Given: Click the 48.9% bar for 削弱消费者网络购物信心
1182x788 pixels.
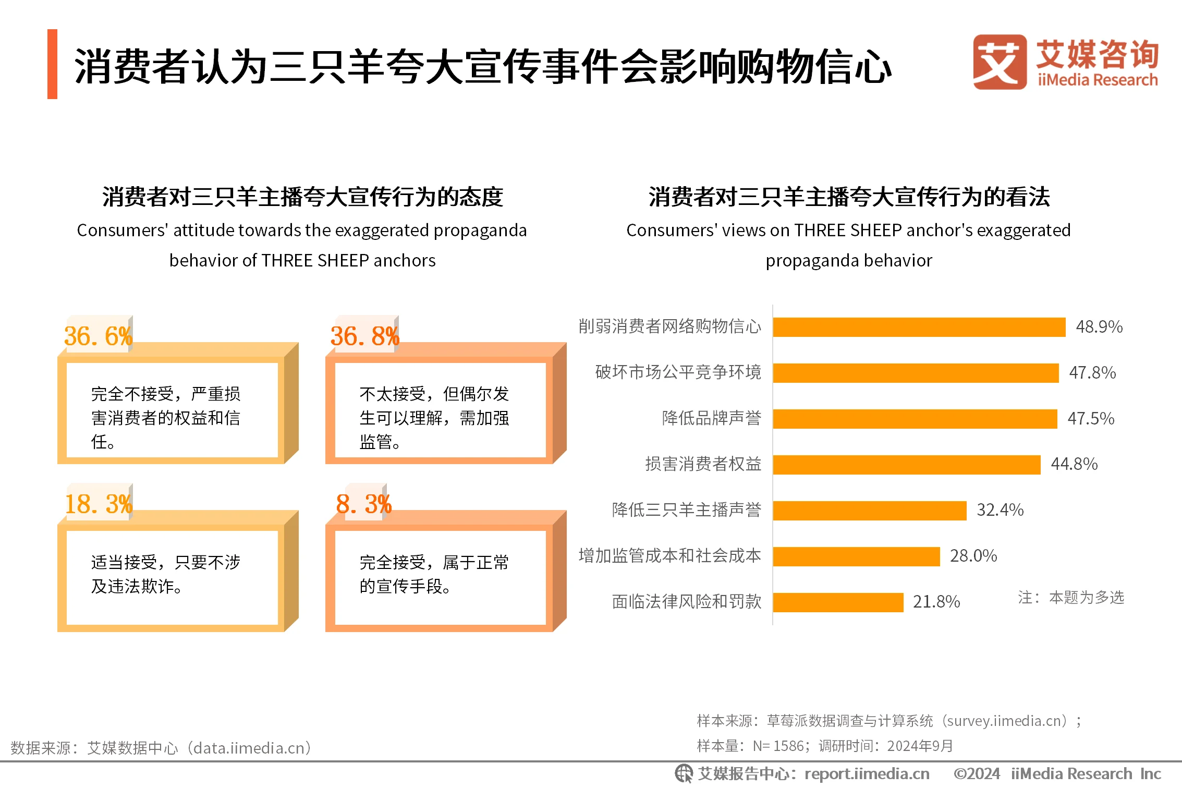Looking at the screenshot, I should pos(919,327).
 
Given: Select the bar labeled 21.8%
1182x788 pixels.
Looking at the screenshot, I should pos(838,602).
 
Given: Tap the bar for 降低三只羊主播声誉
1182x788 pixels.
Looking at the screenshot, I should pos(869,511).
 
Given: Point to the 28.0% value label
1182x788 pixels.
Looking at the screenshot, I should pos(973,556).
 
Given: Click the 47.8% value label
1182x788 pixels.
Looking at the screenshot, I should pos(1092,373).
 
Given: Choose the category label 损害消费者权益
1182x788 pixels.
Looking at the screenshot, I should pos(703,464).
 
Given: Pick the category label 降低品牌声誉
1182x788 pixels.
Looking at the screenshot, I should pos(711,418).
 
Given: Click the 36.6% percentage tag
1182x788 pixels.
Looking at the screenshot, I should pos(98,336).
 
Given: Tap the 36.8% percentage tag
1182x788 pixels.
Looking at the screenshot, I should pos(364,336).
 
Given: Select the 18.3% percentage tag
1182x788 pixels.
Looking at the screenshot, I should pos(98,504).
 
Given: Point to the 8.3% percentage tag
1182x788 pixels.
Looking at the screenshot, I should pos(363,504).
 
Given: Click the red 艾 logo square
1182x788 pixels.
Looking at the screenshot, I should pos(999,62).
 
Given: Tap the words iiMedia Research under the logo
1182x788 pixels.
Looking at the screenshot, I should pos(1097,80).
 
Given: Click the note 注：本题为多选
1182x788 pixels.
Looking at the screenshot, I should pos(1070,597).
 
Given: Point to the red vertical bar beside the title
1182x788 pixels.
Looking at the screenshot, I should pos(52,64).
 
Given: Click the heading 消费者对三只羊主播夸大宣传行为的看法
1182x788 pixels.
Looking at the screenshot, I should pos(848,197).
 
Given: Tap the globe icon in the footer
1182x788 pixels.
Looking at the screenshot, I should pos(684,773).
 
